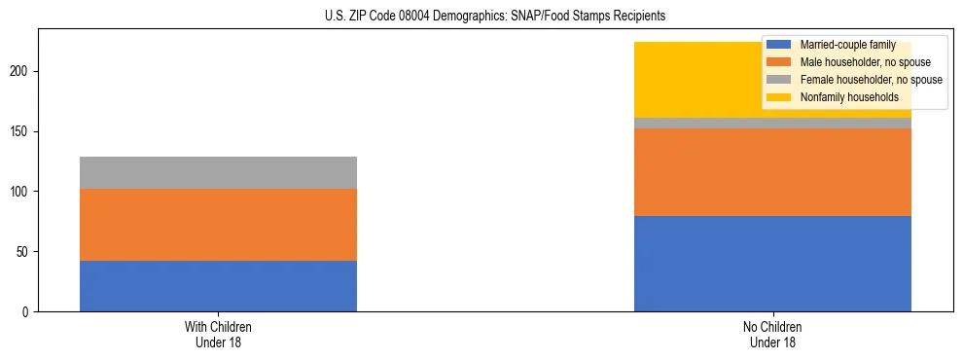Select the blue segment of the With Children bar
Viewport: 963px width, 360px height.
point(218,286)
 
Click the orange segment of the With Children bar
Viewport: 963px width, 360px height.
point(218,225)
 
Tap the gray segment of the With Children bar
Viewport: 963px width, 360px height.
point(218,172)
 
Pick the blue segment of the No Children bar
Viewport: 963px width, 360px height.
point(772,264)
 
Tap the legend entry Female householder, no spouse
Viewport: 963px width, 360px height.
point(871,80)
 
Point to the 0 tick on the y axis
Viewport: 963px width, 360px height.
point(29,312)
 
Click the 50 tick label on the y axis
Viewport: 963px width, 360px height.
point(26,252)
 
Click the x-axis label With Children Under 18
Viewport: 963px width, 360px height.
point(218,335)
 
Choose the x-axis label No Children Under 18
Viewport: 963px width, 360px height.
point(772,335)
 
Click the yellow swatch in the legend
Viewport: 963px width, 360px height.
point(779,97)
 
